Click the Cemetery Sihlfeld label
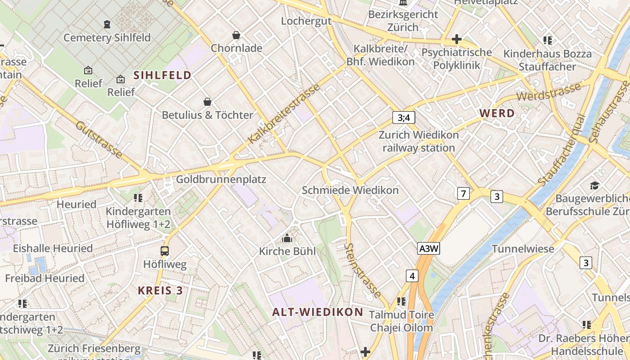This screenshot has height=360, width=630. (x=107, y=37)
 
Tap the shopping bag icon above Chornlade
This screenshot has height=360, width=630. (x=236, y=35)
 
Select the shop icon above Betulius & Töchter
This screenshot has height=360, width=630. (x=207, y=102)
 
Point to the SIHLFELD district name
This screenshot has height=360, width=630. (x=162, y=75)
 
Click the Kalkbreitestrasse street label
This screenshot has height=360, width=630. (x=284, y=113)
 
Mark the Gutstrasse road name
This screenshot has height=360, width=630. (x=99, y=139)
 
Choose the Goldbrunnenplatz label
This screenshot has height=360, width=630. (x=221, y=180)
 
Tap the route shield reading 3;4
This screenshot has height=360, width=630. (x=404, y=118)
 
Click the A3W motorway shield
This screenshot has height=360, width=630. (x=428, y=249)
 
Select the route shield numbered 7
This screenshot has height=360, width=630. (x=463, y=194)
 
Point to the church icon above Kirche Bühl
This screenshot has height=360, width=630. (x=287, y=238)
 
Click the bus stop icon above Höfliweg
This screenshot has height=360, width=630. (x=165, y=251)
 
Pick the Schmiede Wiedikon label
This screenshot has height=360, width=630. (x=350, y=190)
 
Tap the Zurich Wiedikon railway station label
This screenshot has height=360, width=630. (x=418, y=141)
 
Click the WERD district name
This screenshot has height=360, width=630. (x=497, y=113)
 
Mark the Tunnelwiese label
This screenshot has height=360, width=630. (x=522, y=249)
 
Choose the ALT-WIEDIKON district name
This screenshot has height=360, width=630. (x=318, y=312)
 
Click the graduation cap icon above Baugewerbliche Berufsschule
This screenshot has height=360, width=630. (x=594, y=185)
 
